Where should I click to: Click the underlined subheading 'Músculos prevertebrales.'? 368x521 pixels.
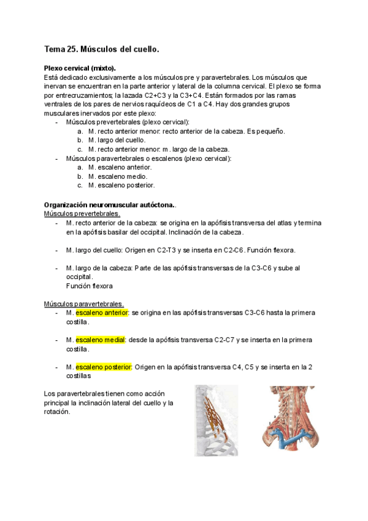pyautogui.click(x=82, y=213)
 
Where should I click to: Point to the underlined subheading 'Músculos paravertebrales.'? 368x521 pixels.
pyautogui.click(x=83, y=304)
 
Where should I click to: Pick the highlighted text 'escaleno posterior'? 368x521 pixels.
pyautogui.click(x=104, y=367)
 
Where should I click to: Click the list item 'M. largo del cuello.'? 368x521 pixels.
pyautogui.click(x=117, y=140)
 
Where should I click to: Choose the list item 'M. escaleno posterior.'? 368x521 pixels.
pyautogui.click(x=121, y=185)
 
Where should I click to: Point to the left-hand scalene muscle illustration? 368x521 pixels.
pyautogui.click(x=216, y=420)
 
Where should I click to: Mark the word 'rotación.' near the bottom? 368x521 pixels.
pyautogui.click(x=57, y=412)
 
